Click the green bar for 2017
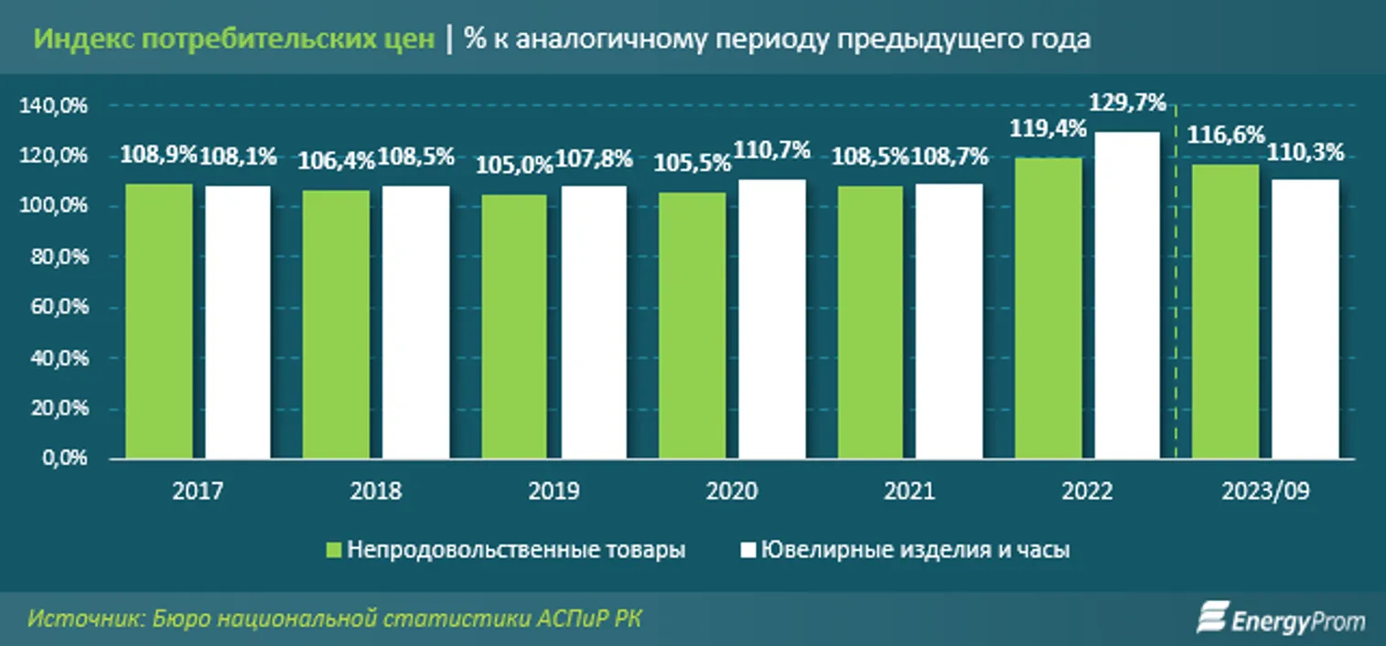[x=159, y=321]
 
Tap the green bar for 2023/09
[x=1225, y=311]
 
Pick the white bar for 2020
[x=772, y=318]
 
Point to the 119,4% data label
[x=1048, y=128]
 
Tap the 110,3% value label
[x=1305, y=154]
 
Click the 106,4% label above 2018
[x=337, y=162]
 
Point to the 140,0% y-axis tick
[x=52, y=106]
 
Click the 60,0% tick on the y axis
[x=57, y=308]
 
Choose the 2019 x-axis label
[x=553, y=492]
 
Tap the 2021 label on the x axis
[x=909, y=492]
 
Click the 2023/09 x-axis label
[x=1264, y=492]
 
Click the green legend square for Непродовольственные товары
[x=334, y=551]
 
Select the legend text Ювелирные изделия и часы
[x=915, y=551]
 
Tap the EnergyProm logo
[x=1280, y=619]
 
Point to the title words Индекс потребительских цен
[x=234, y=40]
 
